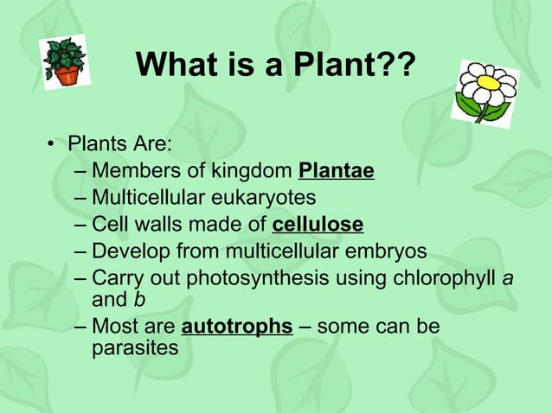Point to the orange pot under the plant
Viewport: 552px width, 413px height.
coord(67,75)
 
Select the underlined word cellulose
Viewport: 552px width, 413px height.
coord(318,225)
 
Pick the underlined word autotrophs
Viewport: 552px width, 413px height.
coord(236,327)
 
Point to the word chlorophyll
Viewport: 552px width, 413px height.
coord(446,278)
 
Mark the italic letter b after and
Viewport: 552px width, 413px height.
coord(138,299)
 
